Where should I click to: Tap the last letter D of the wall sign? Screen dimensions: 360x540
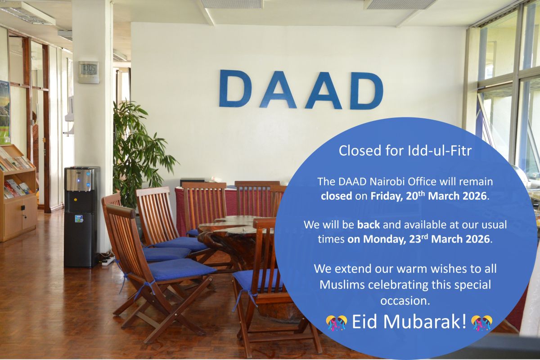pyautogui.click(x=367, y=90)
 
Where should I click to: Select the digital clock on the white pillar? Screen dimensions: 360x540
pyautogui.click(x=88, y=72)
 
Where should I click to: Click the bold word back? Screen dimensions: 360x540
pyautogui.click(x=368, y=224)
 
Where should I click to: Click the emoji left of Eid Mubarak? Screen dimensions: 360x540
pyautogui.click(x=337, y=322)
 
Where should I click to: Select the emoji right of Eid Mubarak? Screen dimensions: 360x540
pyautogui.click(x=481, y=322)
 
